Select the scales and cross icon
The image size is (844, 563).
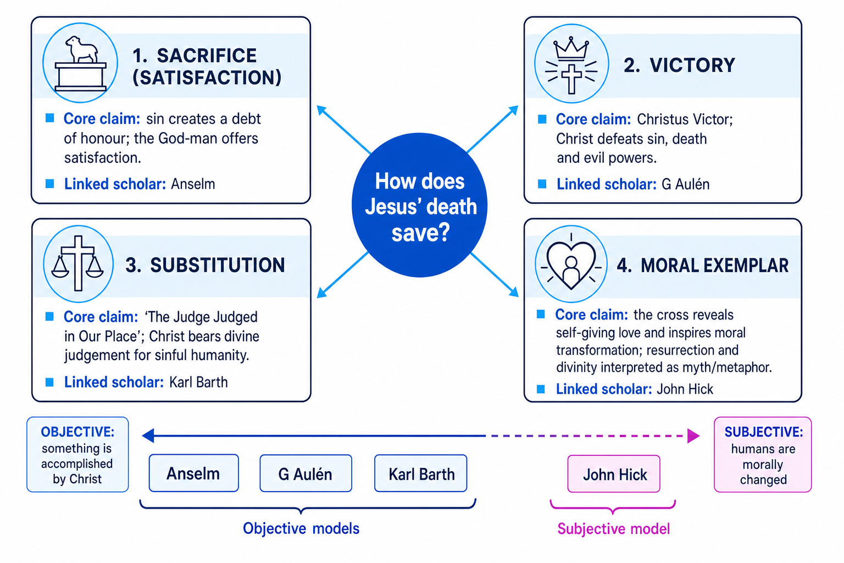78,263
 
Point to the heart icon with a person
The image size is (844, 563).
571,264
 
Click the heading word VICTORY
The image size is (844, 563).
692,65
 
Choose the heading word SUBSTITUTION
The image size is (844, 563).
218,265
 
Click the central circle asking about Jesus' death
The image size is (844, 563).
419,205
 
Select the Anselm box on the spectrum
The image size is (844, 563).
193,473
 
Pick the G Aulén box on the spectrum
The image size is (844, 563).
306,473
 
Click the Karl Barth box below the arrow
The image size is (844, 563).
420,473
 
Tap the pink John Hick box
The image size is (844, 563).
614,473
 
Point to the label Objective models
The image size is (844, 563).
301,529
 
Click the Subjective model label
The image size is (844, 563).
613,529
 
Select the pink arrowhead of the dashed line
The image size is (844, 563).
693,436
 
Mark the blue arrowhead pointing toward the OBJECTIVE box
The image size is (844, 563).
148,435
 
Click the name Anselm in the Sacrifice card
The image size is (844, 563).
193,184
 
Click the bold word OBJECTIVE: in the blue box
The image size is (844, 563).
77,432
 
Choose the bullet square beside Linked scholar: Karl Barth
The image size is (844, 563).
49,382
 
